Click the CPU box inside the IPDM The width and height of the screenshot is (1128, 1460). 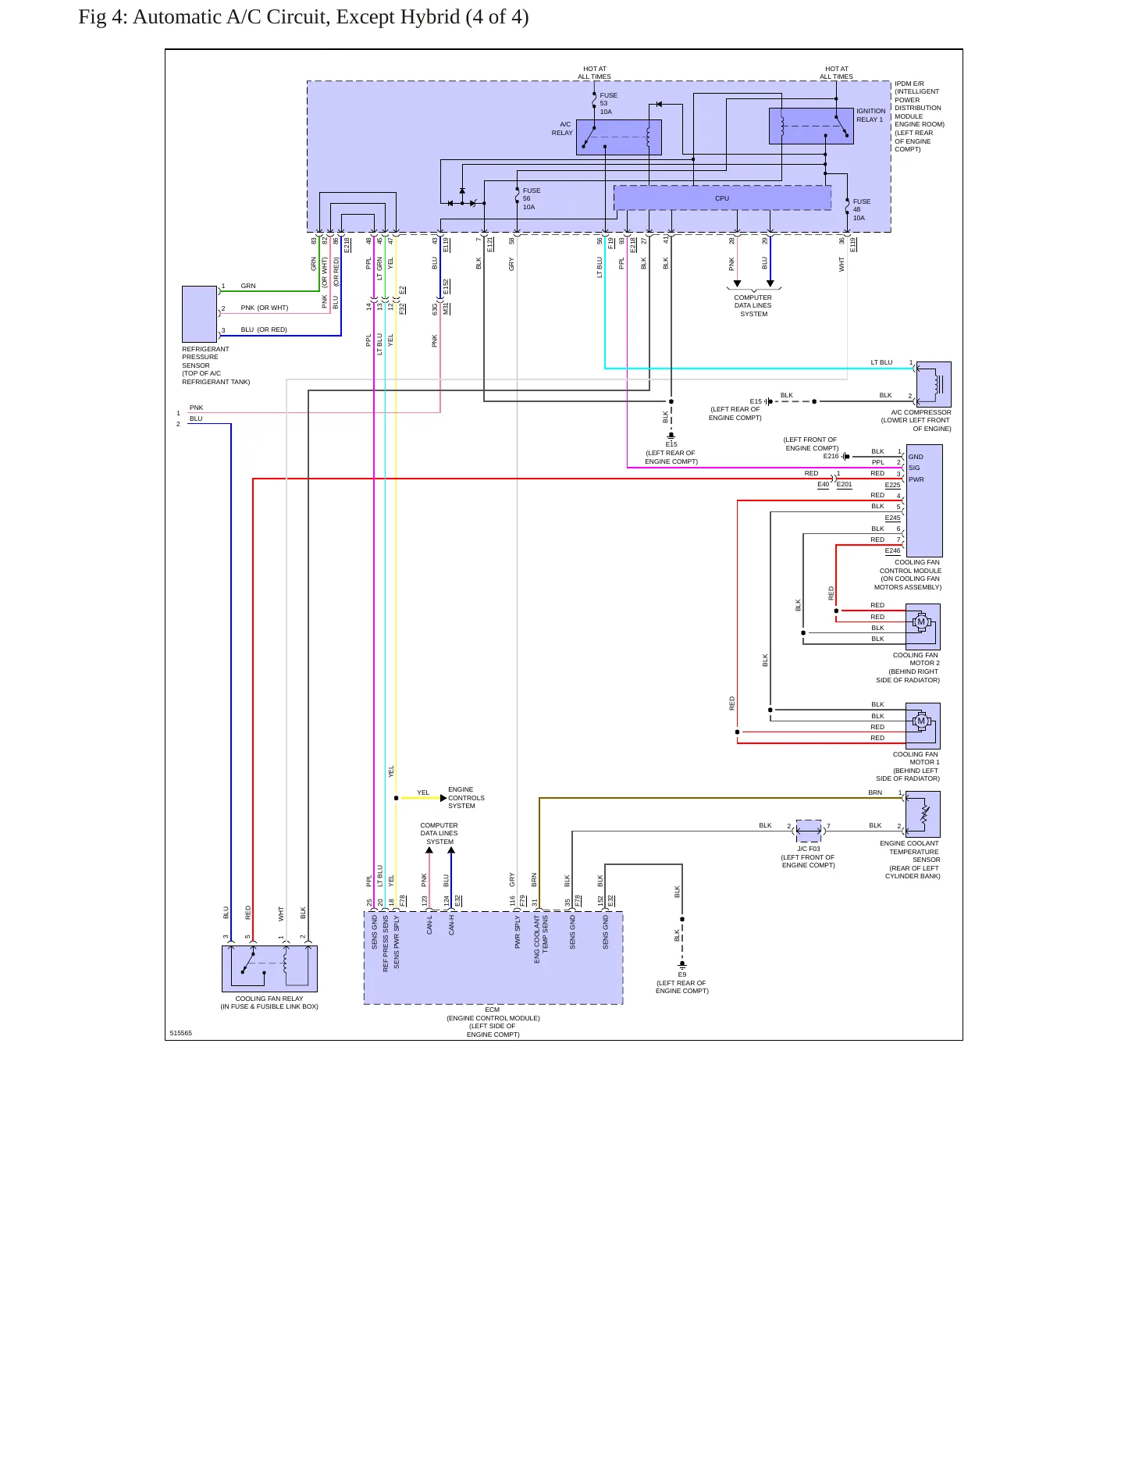coord(722,198)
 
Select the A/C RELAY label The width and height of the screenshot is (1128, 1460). coord(562,129)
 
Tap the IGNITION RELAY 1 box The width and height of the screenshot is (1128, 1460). coord(811,126)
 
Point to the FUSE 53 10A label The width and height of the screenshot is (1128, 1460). coord(608,104)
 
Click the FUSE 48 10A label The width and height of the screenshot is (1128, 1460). coord(861,209)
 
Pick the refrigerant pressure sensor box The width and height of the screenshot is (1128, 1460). coord(199,314)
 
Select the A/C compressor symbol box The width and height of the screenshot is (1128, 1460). coord(934,384)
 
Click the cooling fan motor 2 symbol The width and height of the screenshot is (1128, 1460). coord(923,626)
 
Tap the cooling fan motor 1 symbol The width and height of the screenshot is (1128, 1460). coord(923,725)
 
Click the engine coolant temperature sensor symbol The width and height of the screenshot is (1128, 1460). coord(923,814)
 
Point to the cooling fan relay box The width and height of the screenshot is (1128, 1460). coord(269,969)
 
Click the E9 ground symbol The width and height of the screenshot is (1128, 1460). coord(682,966)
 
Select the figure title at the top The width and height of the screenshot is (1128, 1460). coord(304,17)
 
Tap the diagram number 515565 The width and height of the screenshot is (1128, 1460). coord(180,1033)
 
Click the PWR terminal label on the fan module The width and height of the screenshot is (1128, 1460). coord(916,479)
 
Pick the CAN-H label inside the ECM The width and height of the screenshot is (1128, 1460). coord(452,925)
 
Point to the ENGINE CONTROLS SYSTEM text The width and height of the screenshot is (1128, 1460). coord(466,798)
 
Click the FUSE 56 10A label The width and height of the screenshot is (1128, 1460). coord(532,198)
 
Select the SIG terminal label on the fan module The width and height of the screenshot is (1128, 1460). coord(914,468)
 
